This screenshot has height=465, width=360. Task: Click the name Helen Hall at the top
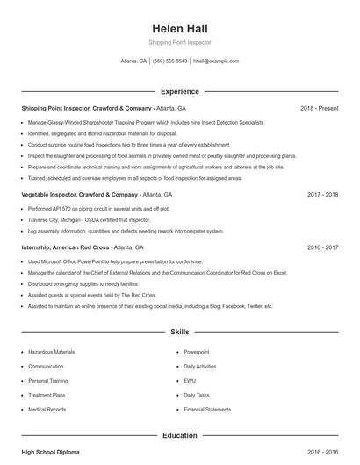tap(179, 27)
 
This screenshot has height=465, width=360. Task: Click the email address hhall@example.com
tap(215, 61)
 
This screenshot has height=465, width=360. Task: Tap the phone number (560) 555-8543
tap(169, 61)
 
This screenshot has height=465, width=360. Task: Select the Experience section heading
tap(179, 91)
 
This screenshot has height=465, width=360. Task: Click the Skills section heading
tap(179, 333)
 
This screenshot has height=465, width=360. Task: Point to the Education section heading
tap(179, 435)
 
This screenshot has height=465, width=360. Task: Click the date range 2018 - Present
tap(319, 108)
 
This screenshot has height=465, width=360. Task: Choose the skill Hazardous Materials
tap(51, 352)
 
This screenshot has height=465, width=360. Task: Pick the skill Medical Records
tap(47, 410)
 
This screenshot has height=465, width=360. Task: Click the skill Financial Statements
tap(207, 410)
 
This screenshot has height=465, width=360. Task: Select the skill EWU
tap(190, 381)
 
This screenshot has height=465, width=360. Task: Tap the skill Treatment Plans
tap(47, 395)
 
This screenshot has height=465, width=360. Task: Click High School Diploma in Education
tap(50, 452)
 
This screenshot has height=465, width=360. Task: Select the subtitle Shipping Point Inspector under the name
tap(179, 42)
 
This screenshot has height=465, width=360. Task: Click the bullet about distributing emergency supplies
tap(83, 284)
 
